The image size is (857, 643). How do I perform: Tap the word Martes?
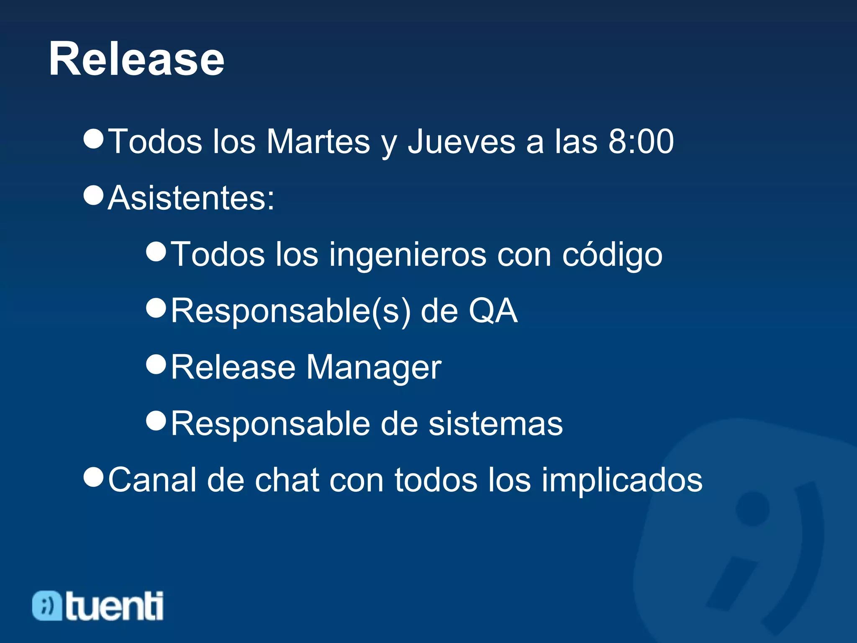pyautogui.click(x=318, y=141)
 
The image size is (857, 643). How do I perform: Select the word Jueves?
pyautogui.click(x=461, y=141)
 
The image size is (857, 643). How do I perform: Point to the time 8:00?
pyautogui.click(x=641, y=141)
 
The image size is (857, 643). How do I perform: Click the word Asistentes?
pyautogui.click(x=191, y=198)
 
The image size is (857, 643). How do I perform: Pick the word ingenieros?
pyautogui.click(x=408, y=255)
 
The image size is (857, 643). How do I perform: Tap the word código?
pyautogui.click(x=612, y=255)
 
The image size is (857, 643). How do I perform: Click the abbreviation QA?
pyautogui.click(x=493, y=311)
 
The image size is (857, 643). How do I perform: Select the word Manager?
pyautogui.click(x=374, y=368)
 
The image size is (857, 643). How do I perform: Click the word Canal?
pyautogui.click(x=152, y=480)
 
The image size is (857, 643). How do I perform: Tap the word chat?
pyautogui.click(x=287, y=480)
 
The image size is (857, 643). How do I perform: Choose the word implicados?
pyautogui.click(x=622, y=480)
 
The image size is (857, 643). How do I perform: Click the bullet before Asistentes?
pyautogui.click(x=93, y=195)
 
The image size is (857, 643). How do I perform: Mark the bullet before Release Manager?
pyautogui.click(x=157, y=364)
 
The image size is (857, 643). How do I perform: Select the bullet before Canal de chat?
pyautogui.click(x=93, y=476)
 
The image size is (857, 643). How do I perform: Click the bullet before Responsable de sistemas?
pyautogui.click(x=157, y=420)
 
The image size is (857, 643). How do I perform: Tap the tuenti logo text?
pyautogui.click(x=114, y=606)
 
